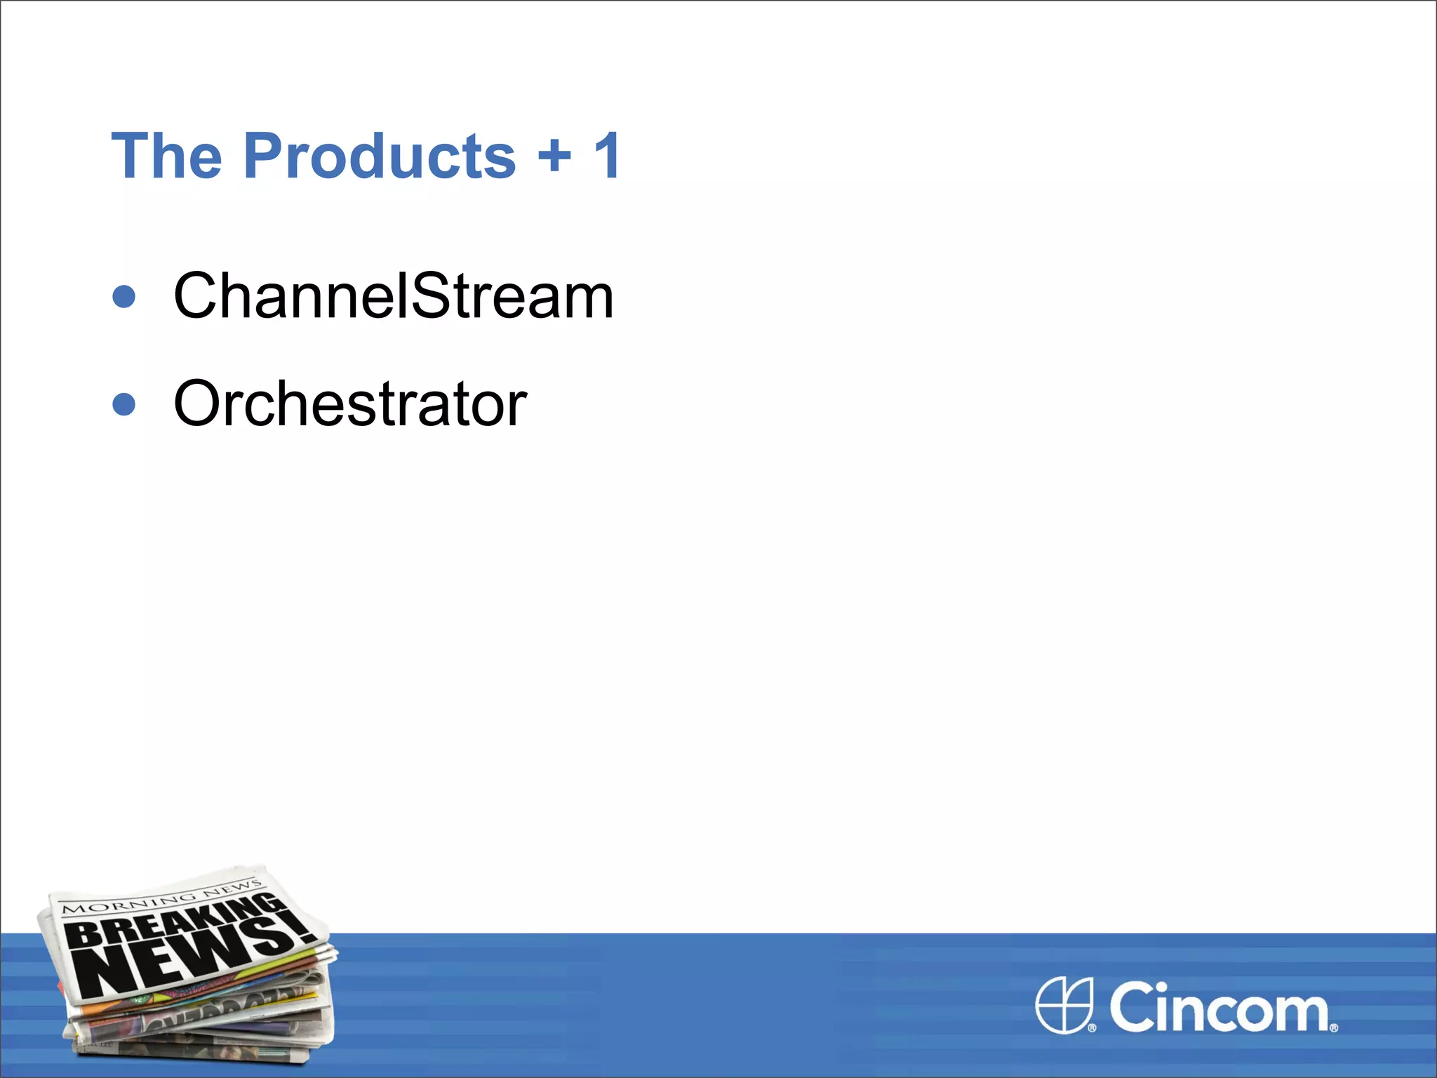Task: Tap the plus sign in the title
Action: (554, 154)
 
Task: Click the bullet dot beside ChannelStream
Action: (124, 296)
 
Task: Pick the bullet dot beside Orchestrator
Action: (124, 404)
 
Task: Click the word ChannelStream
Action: (393, 296)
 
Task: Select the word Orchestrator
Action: (350, 404)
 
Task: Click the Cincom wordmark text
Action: (1219, 1007)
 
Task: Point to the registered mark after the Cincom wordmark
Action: (1334, 1027)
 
